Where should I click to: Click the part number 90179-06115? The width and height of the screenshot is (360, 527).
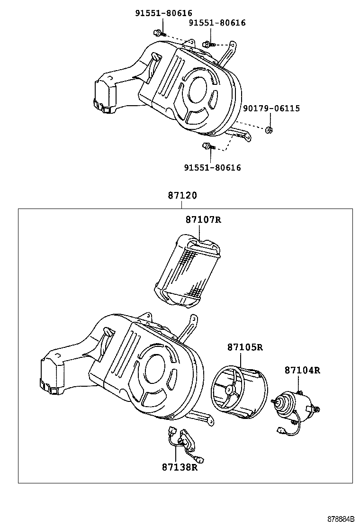271,109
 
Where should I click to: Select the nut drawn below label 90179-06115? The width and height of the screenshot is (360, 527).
269,130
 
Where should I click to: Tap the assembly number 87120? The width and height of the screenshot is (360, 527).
182,195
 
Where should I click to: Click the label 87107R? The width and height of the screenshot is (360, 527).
203,220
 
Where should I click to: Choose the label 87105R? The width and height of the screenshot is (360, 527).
245,347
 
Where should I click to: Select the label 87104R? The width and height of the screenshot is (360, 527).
302,370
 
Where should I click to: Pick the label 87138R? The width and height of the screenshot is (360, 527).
179,467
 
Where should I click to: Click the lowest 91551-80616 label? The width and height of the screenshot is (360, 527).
212,167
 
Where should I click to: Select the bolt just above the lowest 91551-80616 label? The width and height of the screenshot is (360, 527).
207,146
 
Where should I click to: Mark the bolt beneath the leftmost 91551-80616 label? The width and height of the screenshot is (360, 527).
158,33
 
